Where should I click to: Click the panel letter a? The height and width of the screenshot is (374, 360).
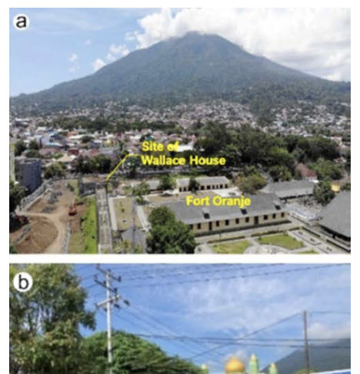point(21,22)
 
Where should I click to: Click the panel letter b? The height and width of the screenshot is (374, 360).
point(23,282)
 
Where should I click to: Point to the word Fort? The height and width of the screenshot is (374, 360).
point(196,201)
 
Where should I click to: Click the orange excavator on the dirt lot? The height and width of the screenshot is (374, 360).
point(73,210)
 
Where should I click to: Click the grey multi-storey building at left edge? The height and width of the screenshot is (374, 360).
point(28,173)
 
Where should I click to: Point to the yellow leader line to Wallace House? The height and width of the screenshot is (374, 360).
point(118,166)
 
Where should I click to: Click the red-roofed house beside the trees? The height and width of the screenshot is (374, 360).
point(305,172)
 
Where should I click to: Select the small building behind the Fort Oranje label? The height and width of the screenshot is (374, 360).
point(203,184)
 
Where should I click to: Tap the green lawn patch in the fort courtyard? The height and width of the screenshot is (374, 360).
point(281,241)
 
